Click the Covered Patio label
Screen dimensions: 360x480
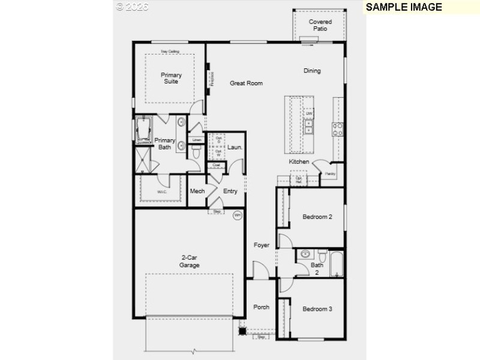(320, 25)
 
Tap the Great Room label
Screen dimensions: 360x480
(246, 83)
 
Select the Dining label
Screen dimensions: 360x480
(312, 71)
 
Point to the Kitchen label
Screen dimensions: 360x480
(299, 162)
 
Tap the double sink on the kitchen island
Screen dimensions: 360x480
(309, 127)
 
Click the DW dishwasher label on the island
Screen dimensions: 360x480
(309, 113)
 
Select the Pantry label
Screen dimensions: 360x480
(330, 174)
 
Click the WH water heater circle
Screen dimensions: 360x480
(237, 215)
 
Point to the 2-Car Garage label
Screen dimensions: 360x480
(190, 262)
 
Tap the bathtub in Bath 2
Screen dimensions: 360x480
(335, 264)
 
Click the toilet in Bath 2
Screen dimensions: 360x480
(322, 254)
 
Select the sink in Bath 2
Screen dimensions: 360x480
(305, 254)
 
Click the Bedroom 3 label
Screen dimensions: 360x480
(317, 309)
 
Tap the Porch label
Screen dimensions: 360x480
(261, 307)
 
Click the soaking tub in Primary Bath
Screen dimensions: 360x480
(143, 130)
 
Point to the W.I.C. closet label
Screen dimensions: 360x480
(162, 192)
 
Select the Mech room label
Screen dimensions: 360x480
(197, 191)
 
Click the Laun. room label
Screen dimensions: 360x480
(235, 147)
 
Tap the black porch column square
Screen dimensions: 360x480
(243, 330)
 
